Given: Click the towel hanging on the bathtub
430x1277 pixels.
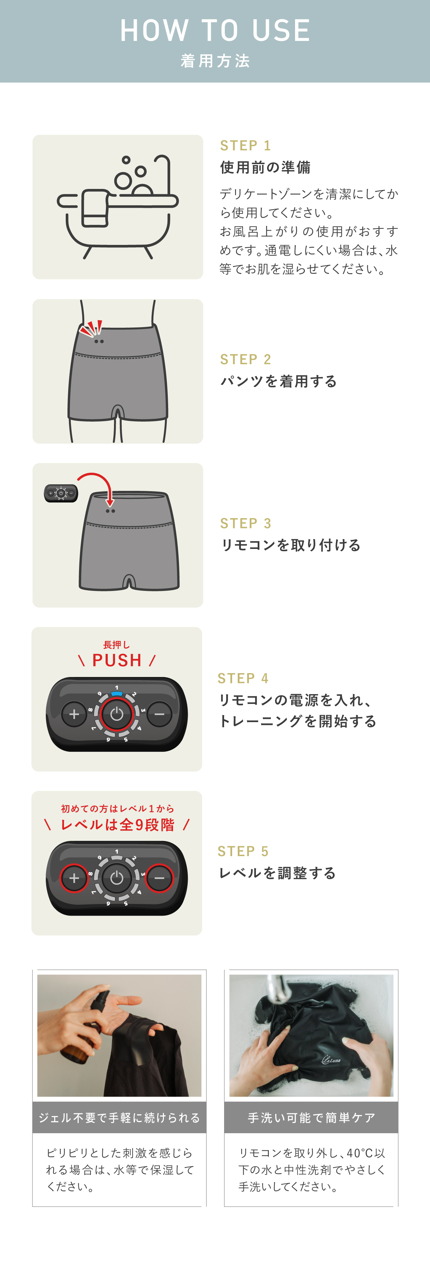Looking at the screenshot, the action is click(x=95, y=208).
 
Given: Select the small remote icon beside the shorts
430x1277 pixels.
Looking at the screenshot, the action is click(x=61, y=493).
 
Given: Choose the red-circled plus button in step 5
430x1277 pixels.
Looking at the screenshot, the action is click(x=74, y=878).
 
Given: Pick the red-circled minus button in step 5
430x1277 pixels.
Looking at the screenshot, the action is click(x=159, y=878).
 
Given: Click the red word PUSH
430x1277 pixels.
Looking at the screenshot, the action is click(x=117, y=660).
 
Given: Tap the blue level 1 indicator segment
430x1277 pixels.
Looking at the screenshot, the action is click(x=117, y=693).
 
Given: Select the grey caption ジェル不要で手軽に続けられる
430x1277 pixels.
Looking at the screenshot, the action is click(x=120, y=1117).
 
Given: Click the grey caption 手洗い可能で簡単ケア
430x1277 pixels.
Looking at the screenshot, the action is click(x=311, y=1117).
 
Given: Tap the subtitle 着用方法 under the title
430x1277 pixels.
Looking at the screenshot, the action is click(x=215, y=61).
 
